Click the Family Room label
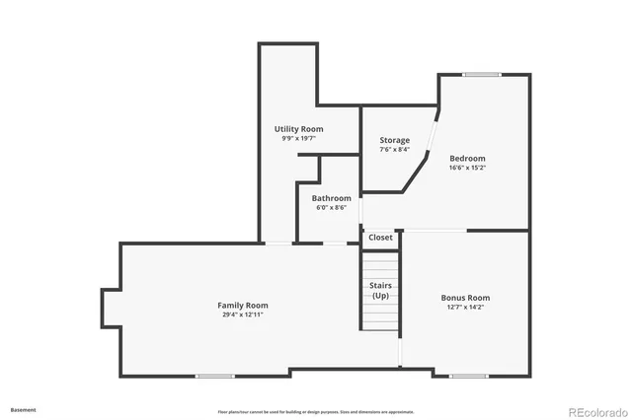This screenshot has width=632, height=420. point(243,306)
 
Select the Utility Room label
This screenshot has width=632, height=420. point(298,129)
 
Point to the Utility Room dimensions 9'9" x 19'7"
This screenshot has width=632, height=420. point(298,139)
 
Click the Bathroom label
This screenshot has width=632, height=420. point(331,198)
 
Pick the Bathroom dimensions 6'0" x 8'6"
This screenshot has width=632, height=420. point(331,207)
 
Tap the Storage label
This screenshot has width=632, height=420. point(395,140)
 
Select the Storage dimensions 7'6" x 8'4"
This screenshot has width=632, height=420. point(395,150)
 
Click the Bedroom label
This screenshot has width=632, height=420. point(467,158)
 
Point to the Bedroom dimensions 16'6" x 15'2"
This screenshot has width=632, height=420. point(467,168)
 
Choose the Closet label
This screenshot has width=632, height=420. point(380,238)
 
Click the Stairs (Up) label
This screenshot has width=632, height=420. point(380,290)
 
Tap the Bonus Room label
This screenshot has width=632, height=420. point(465,298)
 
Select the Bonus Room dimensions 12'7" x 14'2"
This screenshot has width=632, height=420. point(465,307)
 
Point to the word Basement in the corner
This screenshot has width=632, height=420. point(24,409)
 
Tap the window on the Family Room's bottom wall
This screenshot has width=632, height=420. point(215,376)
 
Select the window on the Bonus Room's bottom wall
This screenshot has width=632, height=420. point(468,376)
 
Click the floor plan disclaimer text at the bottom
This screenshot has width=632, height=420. point(316,412)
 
